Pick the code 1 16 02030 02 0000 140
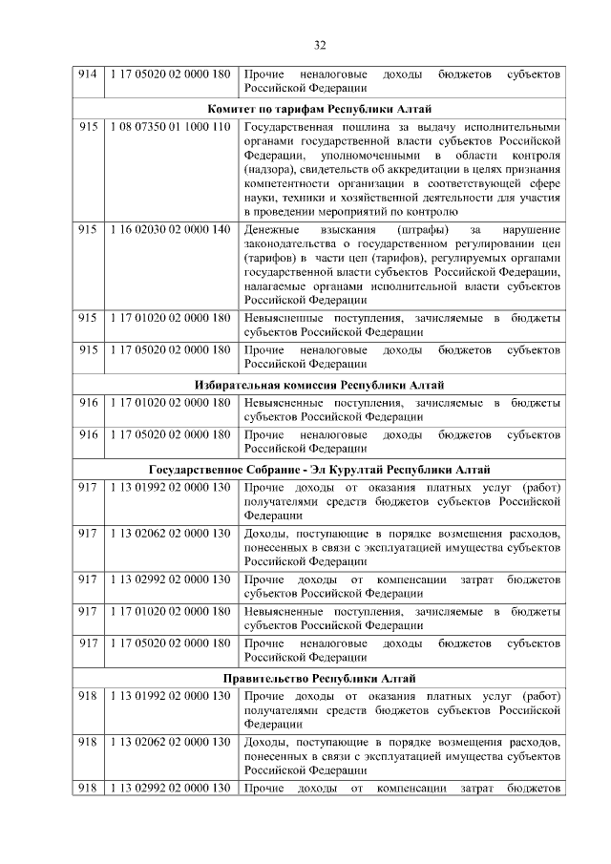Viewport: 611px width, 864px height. click(170, 230)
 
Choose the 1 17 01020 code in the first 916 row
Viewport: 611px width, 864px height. click(170, 402)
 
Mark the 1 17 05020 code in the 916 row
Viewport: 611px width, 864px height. click(170, 434)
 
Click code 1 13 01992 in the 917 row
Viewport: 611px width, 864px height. click(170, 486)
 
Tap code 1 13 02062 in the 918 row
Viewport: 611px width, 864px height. click(170, 742)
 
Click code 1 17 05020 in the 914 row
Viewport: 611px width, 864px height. click(170, 74)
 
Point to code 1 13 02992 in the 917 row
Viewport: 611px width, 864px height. click(170, 579)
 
